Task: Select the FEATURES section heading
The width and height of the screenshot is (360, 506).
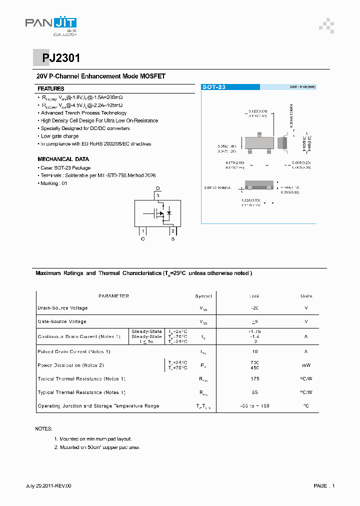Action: point(51,88)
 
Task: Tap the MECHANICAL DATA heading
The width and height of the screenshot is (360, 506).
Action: point(63,159)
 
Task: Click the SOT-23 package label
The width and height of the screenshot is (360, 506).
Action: point(214,87)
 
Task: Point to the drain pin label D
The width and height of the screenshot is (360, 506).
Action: point(157,188)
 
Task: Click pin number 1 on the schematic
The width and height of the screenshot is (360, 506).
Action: point(143,230)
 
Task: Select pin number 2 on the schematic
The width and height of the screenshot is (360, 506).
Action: point(172,230)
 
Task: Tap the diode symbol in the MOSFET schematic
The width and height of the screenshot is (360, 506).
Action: point(168,213)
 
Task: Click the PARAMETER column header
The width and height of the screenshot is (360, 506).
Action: point(113,296)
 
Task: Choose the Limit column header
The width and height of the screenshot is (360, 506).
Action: point(255,296)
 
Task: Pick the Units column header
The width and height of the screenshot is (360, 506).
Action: point(306,296)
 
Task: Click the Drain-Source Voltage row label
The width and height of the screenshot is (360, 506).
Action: point(62,308)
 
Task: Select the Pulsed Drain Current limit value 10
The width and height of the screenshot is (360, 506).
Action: point(255,351)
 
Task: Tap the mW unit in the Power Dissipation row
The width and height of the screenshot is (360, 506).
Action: point(306,365)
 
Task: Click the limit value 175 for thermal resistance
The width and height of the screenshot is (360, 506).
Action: point(255,379)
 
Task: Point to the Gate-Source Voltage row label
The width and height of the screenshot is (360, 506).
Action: point(62,321)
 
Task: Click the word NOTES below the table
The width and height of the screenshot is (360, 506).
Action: point(43,429)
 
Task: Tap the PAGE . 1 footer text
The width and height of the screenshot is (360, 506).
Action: point(324,485)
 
